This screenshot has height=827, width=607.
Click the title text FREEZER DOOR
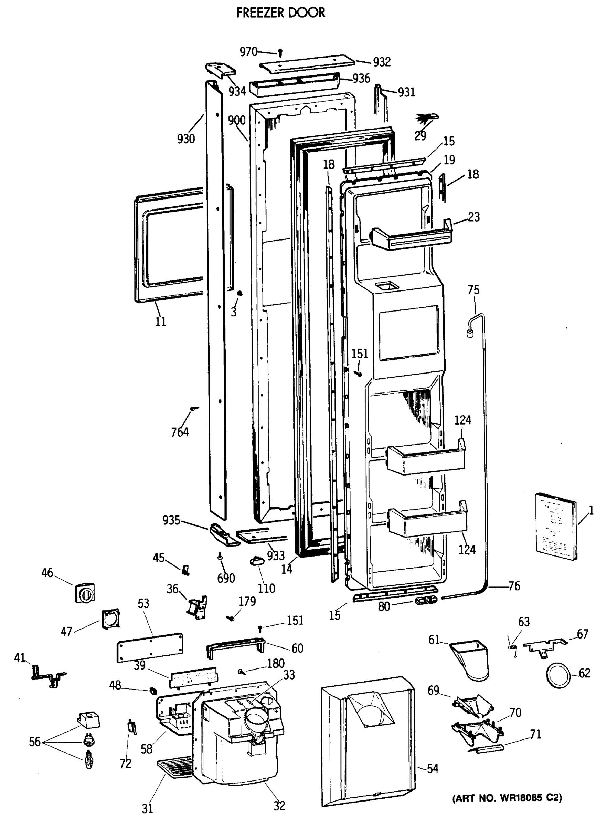[280, 13]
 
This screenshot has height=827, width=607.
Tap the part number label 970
[248, 52]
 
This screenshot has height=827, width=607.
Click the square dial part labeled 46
[85, 593]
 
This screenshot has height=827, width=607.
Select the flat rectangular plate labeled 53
[150, 647]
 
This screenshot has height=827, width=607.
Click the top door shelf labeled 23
[411, 238]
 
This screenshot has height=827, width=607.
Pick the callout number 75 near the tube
[473, 290]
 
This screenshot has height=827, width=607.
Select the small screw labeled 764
[194, 408]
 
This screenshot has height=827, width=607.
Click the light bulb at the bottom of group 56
[88, 760]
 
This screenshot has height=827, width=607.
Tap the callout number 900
[237, 120]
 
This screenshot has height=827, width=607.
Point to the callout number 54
[433, 768]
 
